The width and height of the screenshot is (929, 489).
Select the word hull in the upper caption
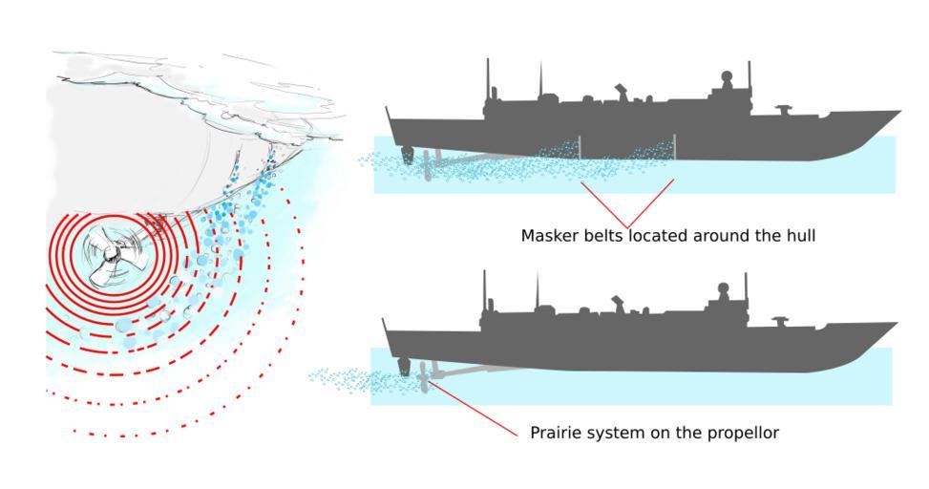coord(798,235)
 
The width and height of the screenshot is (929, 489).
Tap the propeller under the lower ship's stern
coord(423,380)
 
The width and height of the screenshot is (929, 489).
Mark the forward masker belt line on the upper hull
coord(674,147)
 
